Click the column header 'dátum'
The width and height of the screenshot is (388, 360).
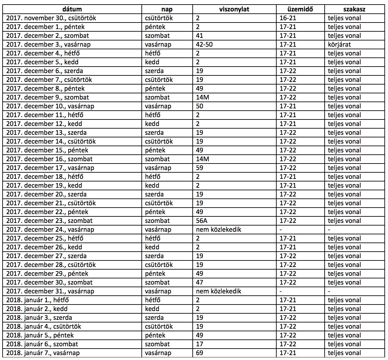point(72,9)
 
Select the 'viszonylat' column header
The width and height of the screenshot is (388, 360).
point(234,9)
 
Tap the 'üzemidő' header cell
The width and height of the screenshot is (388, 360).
point(300,9)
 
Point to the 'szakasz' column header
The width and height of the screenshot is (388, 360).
point(354,9)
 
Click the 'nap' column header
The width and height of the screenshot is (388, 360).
point(167,9)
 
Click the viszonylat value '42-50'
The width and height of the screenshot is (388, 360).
point(204,44)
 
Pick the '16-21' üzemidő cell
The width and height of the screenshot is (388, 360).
point(288,18)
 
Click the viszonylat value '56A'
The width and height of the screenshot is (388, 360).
point(202,221)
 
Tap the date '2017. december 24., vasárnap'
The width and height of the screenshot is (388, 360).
point(50,229)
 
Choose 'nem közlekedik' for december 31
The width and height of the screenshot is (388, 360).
point(218,291)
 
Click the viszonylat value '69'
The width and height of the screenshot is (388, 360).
point(200,353)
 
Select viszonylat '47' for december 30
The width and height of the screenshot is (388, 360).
point(200,282)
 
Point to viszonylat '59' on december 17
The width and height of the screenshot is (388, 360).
point(200,168)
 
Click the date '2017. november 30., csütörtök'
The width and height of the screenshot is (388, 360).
point(51,18)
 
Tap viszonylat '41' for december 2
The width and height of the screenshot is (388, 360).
point(200,36)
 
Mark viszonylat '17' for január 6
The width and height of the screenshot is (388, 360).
point(200,344)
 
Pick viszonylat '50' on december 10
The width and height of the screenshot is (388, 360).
point(200,106)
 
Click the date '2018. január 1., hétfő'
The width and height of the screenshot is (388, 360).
point(38,300)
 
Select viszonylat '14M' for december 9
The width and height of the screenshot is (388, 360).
point(202,97)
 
